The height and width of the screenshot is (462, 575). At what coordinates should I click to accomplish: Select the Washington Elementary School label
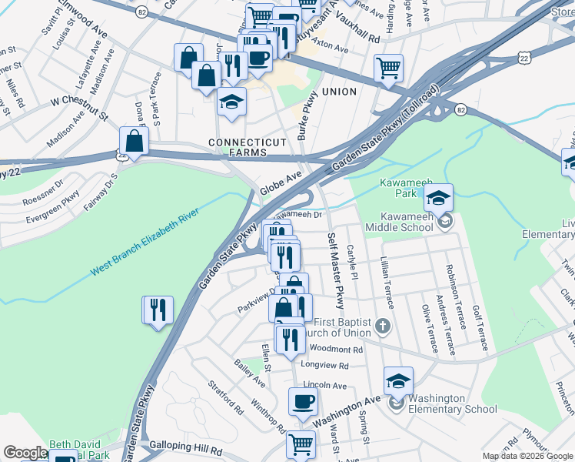pos(453,403)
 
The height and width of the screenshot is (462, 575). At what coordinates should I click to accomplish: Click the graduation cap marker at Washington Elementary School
pos(398,381)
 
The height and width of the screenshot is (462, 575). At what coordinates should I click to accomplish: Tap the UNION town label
pos(339,92)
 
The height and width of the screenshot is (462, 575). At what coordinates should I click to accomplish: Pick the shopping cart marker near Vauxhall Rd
pos(389,68)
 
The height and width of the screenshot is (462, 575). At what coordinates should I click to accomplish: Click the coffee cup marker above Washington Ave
pos(303,401)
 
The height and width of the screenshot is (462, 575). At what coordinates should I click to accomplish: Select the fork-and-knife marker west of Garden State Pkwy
pos(158,310)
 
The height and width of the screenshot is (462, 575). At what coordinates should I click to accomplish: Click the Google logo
pos(25,453)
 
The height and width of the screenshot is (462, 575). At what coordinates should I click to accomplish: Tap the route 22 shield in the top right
pos(523,58)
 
